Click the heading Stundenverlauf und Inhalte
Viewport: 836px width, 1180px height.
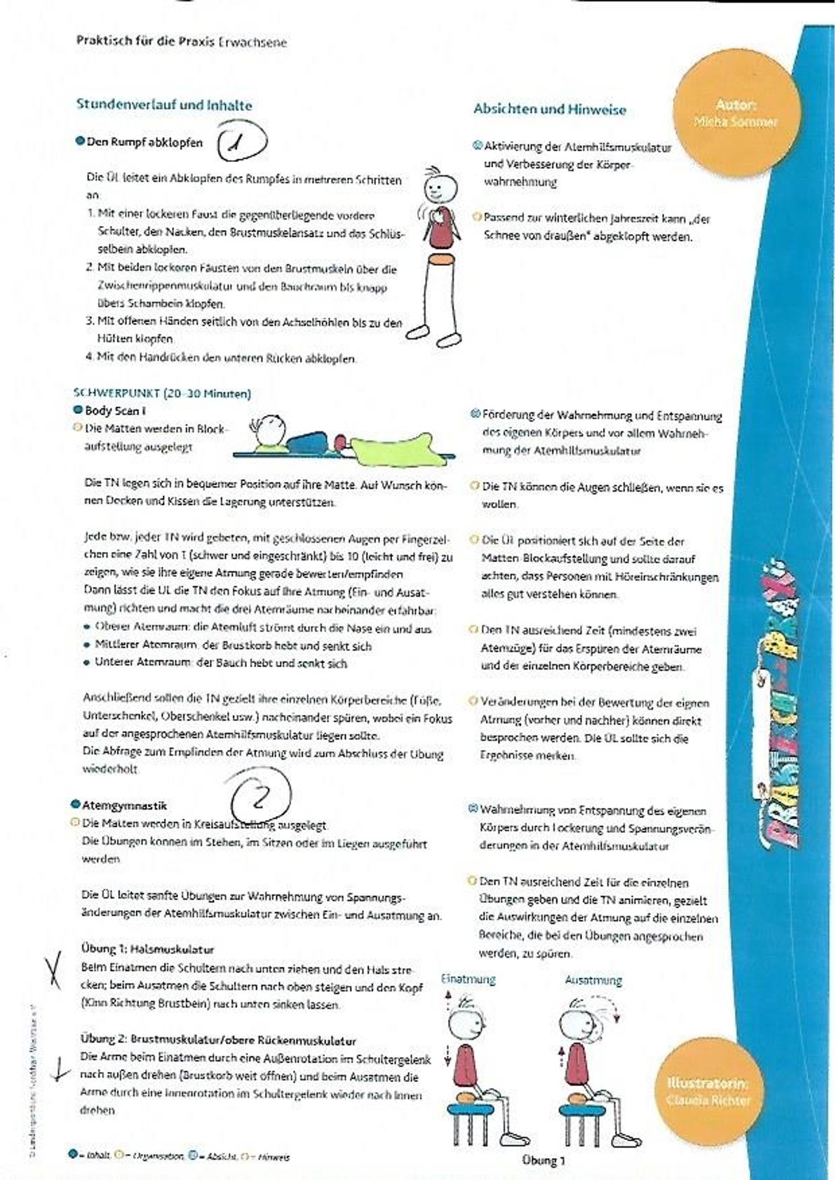point(163,105)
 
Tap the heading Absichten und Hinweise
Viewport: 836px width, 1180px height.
point(549,109)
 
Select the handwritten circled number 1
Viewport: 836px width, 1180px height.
point(241,141)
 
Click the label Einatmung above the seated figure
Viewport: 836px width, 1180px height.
point(468,979)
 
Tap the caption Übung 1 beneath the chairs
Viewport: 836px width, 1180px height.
point(543,1161)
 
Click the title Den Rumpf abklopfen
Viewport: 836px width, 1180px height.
point(144,142)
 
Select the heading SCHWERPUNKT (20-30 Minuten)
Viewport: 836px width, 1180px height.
point(162,394)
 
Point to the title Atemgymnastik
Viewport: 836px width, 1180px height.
point(124,805)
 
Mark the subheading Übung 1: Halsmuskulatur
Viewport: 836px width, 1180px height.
point(147,949)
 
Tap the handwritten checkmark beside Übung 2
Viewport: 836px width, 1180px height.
point(62,1071)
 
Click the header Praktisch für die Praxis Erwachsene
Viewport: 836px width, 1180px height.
point(181,41)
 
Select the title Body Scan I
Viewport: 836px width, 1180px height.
point(115,411)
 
